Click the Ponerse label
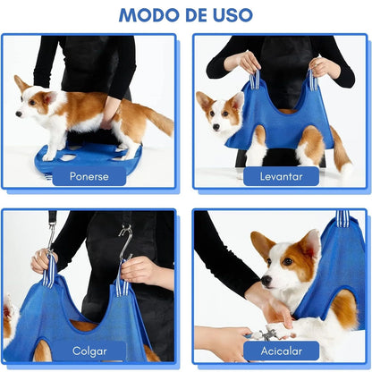89,176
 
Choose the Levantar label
283,176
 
